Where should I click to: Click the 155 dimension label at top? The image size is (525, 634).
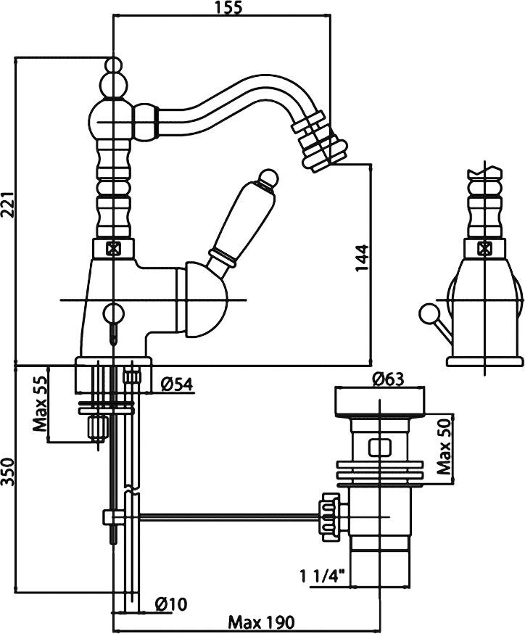228,8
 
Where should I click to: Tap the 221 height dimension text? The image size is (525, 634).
8,204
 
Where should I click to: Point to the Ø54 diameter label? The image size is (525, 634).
177,384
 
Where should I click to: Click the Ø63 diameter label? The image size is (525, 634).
388,379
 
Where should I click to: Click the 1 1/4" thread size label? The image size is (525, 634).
323,575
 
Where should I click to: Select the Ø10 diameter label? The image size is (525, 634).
171,604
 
